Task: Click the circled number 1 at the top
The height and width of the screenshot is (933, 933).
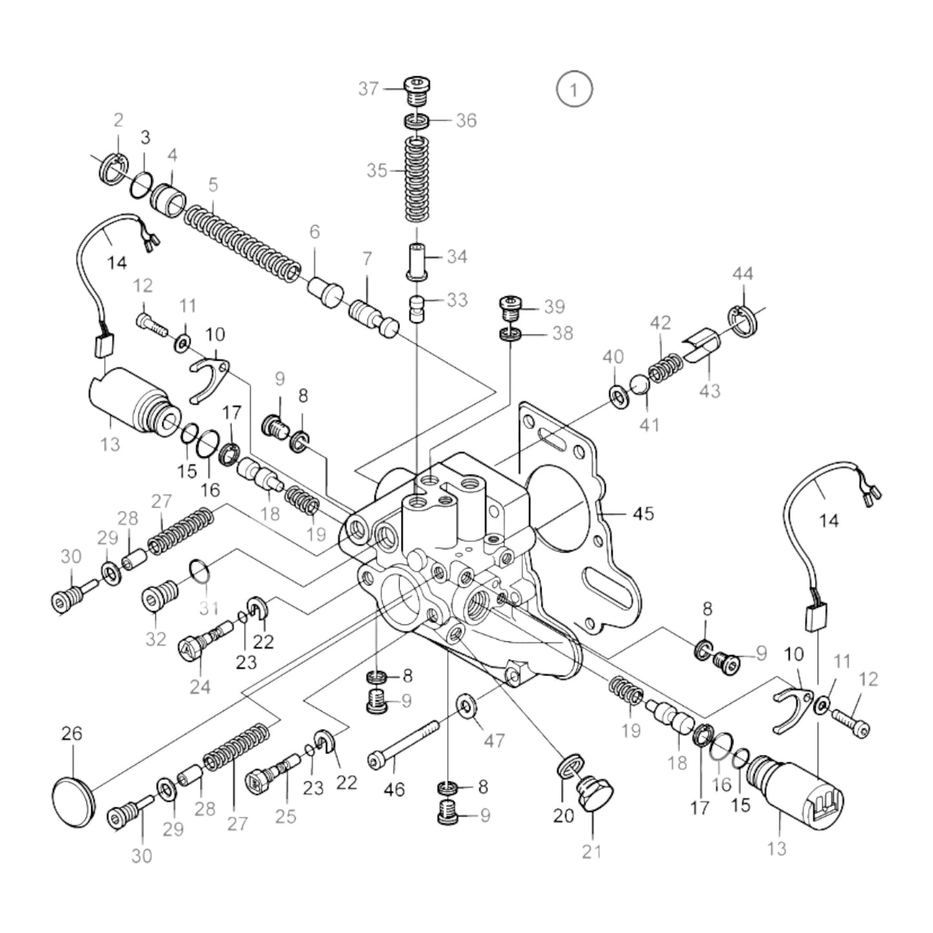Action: (574, 90)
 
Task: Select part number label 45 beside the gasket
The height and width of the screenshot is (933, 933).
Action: (642, 514)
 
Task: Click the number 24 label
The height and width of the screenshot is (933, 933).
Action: (200, 686)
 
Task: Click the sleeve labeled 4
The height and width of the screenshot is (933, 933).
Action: (168, 198)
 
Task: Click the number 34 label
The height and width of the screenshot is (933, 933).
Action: (457, 257)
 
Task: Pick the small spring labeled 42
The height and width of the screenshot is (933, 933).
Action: (664, 369)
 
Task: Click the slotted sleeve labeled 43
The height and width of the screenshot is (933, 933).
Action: (702, 347)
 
